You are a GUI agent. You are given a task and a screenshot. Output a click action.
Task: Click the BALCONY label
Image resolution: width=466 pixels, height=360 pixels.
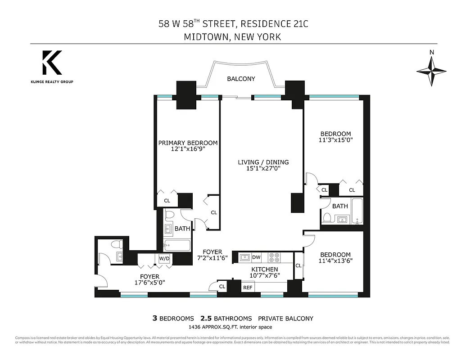[241, 79]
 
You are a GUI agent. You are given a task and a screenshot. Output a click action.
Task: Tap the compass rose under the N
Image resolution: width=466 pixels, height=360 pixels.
[431, 71]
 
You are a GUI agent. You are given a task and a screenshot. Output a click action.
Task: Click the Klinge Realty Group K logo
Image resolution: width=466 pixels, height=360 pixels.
[52, 63]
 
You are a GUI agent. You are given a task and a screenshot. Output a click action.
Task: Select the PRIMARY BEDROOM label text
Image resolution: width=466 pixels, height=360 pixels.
[188, 143]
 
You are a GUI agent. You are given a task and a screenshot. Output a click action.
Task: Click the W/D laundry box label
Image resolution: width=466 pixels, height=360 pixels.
[163, 259]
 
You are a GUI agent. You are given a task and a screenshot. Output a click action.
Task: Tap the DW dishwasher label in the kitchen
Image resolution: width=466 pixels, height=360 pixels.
[256, 257]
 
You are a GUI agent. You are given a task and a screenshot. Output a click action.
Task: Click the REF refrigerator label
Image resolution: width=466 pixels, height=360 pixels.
[248, 287]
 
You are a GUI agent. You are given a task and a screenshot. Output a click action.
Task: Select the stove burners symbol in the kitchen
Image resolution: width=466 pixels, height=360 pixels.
[274, 257]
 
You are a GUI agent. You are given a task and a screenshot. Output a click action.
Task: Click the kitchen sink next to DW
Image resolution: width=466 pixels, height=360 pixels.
[244, 257]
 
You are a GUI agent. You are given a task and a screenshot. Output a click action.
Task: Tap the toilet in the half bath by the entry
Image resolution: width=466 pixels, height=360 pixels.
[117, 245]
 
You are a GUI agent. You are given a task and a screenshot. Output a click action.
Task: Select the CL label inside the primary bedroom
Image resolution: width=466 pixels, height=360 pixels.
[167, 201]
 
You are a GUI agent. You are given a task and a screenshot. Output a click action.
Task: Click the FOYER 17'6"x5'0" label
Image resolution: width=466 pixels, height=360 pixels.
[149, 280]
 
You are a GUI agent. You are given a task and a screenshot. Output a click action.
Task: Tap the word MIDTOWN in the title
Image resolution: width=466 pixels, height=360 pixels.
[205, 37]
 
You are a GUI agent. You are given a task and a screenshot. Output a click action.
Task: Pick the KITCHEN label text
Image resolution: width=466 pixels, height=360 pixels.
[264, 269]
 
